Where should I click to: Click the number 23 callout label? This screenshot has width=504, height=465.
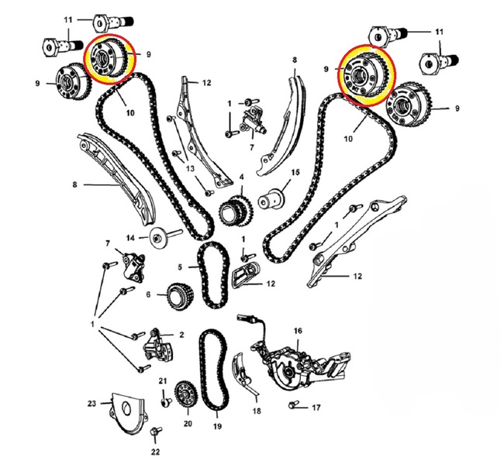pos(92,403)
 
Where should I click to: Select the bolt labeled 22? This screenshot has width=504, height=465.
pos(156,432)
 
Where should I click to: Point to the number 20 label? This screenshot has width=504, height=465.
pos(188,423)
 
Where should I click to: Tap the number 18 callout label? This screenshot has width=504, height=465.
pos(257,411)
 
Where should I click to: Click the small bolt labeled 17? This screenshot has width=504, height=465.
pos(293,405)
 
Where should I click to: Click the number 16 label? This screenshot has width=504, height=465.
pos(298,330)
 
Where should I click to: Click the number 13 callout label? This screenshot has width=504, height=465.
pos(190,168)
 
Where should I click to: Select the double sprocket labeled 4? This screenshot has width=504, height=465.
pos(236,211)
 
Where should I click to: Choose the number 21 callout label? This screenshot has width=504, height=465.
pos(163,381)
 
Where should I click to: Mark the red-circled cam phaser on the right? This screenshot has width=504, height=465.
pos(367,75)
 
